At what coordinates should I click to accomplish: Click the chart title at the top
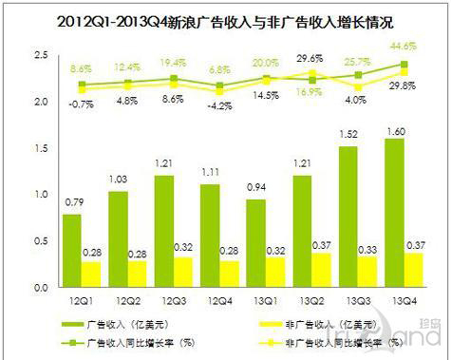coord(225,18)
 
